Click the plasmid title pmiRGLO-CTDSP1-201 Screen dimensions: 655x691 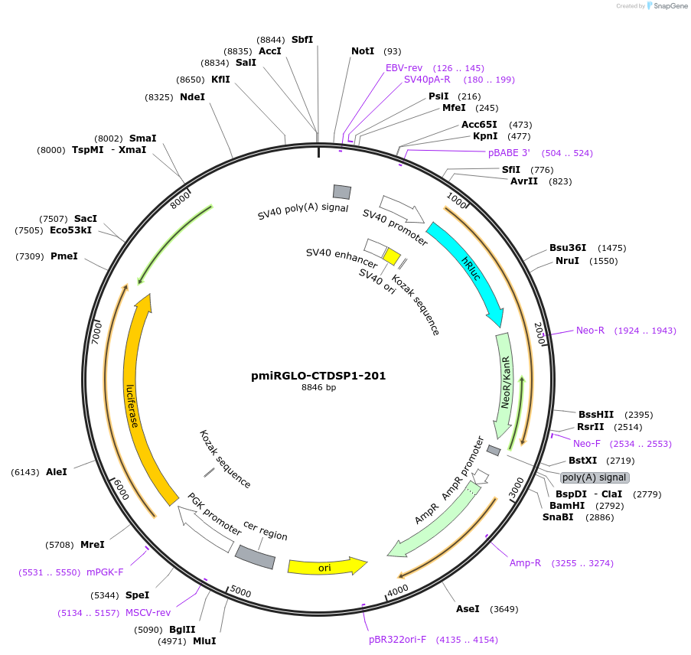[318, 376]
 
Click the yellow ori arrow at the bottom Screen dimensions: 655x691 [326, 566]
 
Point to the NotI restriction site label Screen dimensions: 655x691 [363, 51]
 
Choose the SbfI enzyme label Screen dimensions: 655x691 [302, 40]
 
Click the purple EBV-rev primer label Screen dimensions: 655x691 [404, 67]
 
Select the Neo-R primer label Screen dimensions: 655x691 [590, 331]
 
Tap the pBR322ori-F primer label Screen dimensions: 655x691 [397, 639]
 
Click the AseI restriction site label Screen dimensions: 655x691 [467, 609]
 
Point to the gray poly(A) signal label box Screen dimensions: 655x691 [595, 477]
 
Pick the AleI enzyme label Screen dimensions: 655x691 [57, 472]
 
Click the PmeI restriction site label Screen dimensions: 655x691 [64, 256]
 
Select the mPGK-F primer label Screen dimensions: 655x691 [105, 572]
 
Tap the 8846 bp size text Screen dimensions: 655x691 [318, 388]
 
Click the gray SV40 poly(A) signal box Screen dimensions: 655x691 [341, 192]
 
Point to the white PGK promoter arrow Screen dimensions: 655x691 [207, 524]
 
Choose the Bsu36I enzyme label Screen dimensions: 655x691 [568, 247]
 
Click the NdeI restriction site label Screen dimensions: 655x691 [192, 97]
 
